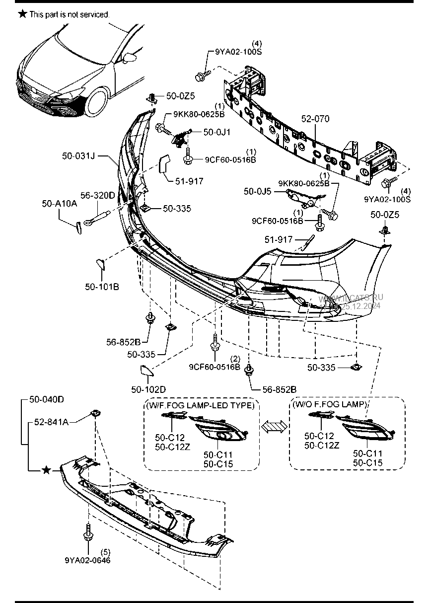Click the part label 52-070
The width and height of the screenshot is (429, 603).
click(x=315, y=119)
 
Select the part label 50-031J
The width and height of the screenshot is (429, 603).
click(x=78, y=156)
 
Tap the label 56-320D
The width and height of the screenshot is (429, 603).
click(x=98, y=196)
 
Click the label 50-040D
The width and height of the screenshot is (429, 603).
click(x=47, y=399)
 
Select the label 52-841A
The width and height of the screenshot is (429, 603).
click(x=51, y=422)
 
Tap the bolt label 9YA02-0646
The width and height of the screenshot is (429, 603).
click(x=87, y=560)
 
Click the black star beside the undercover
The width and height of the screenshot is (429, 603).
click(x=46, y=470)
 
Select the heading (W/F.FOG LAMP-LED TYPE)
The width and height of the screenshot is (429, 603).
click(x=201, y=405)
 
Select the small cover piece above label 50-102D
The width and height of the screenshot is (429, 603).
click(x=145, y=371)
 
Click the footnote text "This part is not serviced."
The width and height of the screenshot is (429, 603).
click(x=69, y=15)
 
